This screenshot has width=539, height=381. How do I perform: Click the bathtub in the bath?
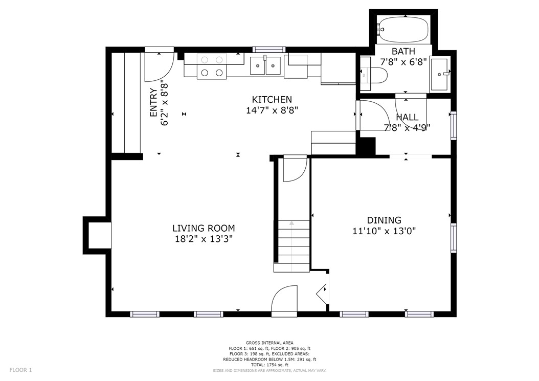(403, 29)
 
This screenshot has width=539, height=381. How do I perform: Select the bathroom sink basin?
(439, 74)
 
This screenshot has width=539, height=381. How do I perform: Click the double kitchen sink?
(265, 65)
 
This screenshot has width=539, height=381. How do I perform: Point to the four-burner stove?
(212, 66)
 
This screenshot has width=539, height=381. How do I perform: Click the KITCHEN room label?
(272, 100)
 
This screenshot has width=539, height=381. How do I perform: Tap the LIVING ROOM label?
(204, 228)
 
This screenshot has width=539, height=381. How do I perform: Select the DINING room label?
(384, 220)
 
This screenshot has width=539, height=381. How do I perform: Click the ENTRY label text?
(153, 102)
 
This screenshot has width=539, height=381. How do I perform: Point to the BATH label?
(403, 52)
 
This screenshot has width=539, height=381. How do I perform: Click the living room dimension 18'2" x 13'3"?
(204, 239)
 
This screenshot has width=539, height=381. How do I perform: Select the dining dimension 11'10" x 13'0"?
(385, 231)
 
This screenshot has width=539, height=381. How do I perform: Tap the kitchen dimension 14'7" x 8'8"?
(272, 110)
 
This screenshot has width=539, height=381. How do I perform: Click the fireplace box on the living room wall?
(97, 236)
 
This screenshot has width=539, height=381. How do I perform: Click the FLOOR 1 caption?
(20, 370)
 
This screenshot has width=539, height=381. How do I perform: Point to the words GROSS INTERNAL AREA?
(269, 343)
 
